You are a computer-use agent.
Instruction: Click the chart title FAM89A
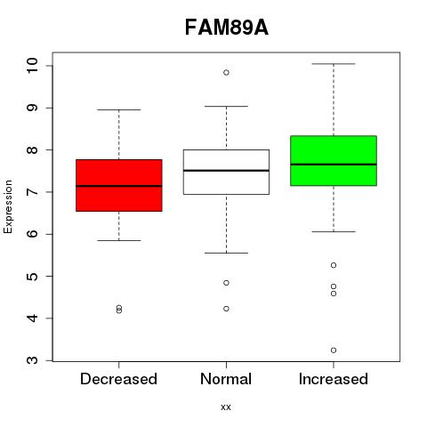tap(227, 28)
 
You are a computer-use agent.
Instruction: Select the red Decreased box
tap(119, 185)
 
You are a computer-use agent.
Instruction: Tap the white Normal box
tap(226, 172)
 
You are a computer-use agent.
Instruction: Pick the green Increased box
tap(334, 161)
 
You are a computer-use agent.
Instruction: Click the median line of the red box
tap(119, 186)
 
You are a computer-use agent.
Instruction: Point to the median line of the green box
tap(334, 164)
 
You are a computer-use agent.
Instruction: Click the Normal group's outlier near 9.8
tap(226, 73)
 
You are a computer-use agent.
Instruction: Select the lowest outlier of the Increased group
tap(334, 350)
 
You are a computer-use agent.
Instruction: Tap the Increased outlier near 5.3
tap(334, 265)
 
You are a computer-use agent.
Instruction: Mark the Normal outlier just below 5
tap(226, 283)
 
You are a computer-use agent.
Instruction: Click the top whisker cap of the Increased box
tap(334, 64)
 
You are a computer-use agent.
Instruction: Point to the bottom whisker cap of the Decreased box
tap(119, 240)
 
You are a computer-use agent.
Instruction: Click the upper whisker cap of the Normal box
tap(226, 106)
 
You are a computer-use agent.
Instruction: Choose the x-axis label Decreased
tap(118, 379)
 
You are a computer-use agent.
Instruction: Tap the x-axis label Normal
tap(226, 379)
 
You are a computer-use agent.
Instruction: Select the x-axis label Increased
tap(334, 379)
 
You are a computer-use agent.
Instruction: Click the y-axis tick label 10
tap(32, 66)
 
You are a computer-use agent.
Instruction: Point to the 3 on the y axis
tap(32, 360)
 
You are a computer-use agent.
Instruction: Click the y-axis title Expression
tap(8, 206)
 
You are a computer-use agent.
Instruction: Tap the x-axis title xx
tap(226, 407)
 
